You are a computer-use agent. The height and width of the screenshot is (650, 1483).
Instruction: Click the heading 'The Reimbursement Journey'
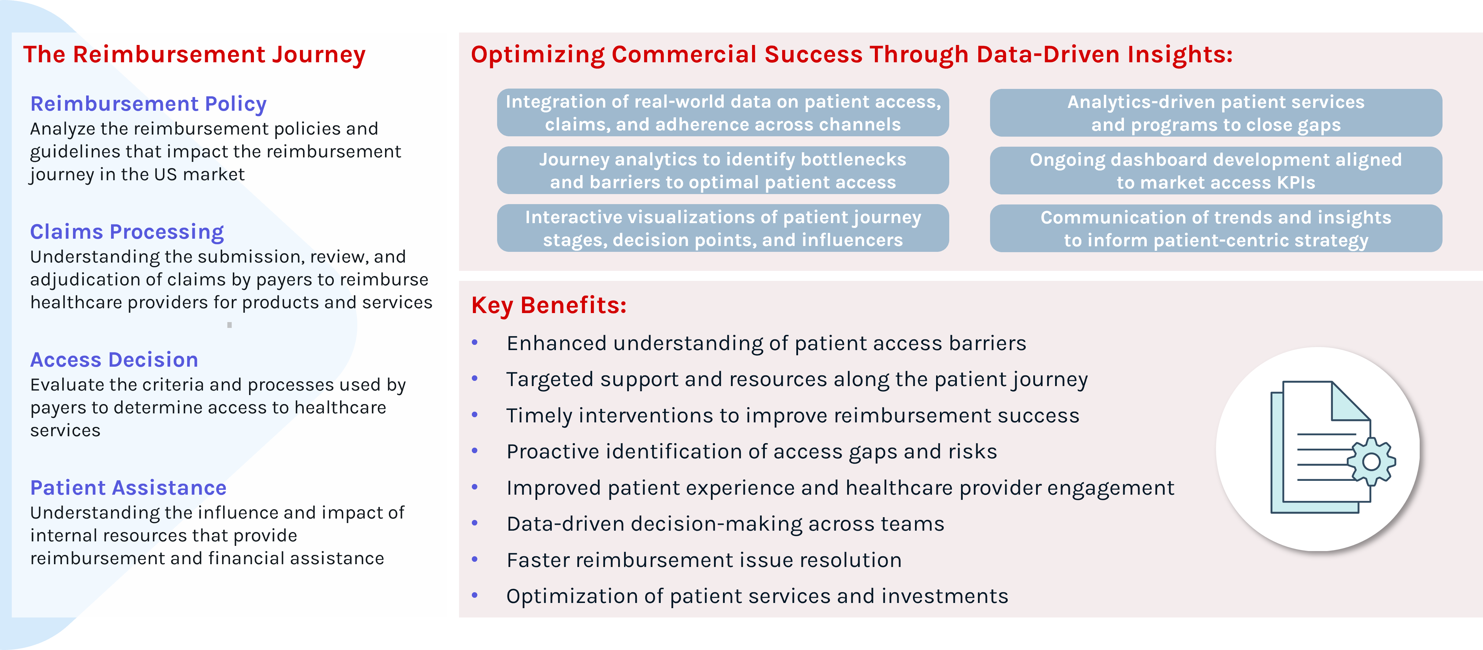click(x=194, y=55)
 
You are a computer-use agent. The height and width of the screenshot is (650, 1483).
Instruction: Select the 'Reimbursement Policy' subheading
click(x=148, y=104)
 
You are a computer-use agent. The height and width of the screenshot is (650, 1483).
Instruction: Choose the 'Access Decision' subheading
click(x=114, y=360)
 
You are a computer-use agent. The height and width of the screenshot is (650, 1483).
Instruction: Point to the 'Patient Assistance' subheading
click(x=128, y=488)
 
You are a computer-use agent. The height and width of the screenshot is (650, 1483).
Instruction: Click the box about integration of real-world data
click(x=723, y=113)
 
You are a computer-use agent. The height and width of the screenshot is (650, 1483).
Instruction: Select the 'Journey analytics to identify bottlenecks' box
click(x=723, y=171)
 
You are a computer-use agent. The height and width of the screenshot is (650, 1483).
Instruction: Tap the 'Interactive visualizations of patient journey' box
click(x=723, y=228)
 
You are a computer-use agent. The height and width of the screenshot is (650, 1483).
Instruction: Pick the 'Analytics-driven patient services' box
click(x=1216, y=113)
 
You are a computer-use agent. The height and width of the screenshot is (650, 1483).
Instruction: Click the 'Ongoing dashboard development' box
click(x=1216, y=171)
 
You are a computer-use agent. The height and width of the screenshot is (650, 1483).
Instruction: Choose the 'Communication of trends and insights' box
click(x=1216, y=228)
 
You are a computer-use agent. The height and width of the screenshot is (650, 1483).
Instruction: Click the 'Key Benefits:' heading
click(x=549, y=305)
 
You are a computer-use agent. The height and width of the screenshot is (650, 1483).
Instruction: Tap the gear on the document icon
click(x=1371, y=462)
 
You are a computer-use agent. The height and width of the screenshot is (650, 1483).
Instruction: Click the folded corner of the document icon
click(x=1351, y=401)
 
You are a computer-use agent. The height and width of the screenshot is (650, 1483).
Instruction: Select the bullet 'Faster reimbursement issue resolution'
click(x=704, y=560)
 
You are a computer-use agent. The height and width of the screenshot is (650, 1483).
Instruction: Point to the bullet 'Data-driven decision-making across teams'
click(x=725, y=524)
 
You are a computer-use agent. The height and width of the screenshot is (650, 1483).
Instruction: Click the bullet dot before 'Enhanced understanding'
click(x=475, y=342)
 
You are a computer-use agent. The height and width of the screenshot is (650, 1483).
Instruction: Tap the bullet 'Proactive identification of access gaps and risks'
click(x=752, y=452)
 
